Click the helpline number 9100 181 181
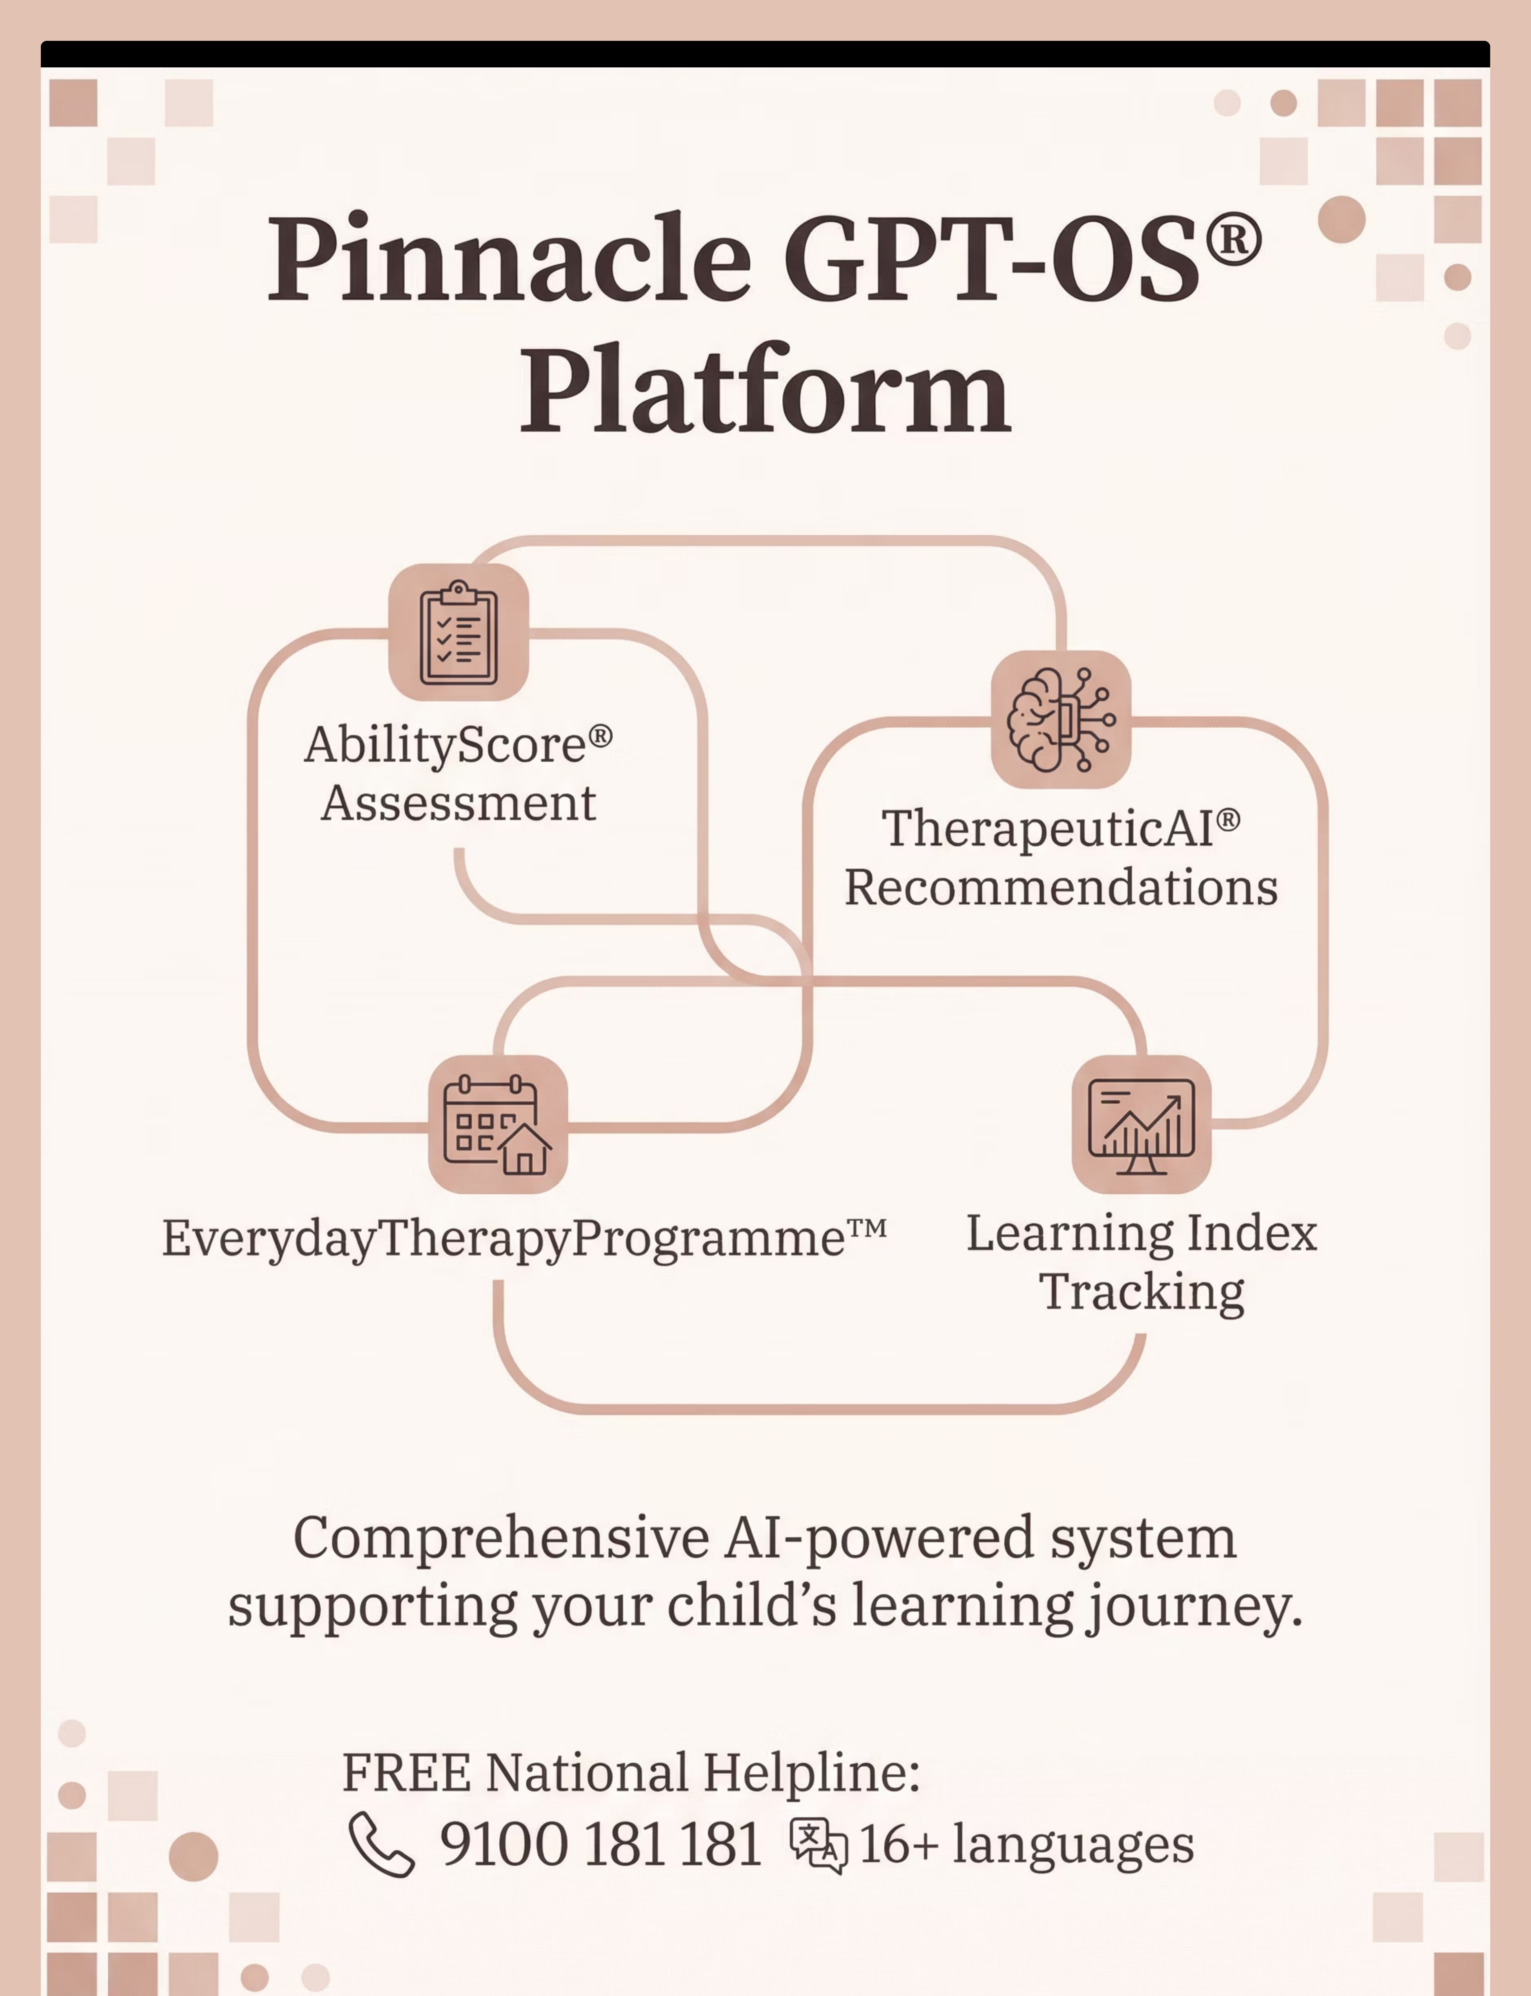[601, 1845]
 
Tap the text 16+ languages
[1026, 1845]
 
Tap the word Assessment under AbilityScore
[458, 804]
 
